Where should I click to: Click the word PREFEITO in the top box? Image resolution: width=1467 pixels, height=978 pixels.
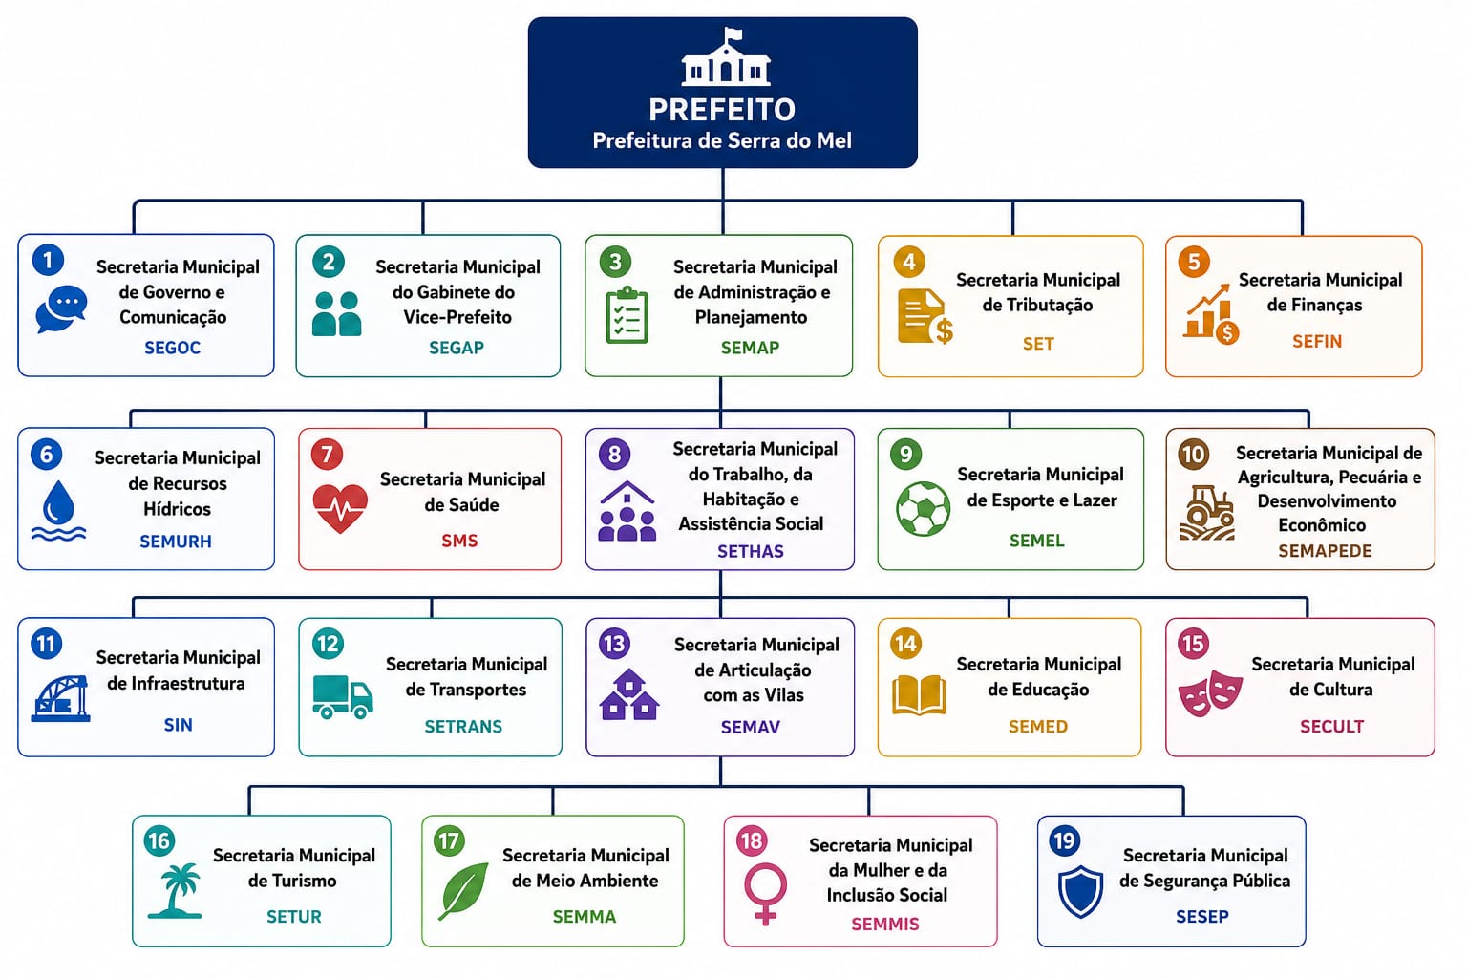pyautogui.click(x=722, y=110)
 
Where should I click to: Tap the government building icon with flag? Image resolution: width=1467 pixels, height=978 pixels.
pyautogui.click(x=726, y=57)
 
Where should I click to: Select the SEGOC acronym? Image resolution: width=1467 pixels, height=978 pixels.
pyautogui.click(x=172, y=348)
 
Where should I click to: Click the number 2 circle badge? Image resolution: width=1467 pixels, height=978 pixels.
pyautogui.click(x=329, y=262)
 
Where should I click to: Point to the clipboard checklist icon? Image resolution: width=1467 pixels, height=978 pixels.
pyautogui.click(x=627, y=315)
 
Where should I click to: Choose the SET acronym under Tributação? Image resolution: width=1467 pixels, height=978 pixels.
pyautogui.click(x=1038, y=343)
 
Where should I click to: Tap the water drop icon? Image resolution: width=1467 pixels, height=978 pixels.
pyautogui.click(x=58, y=511)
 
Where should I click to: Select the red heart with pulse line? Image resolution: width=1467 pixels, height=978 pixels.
pyautogui.click(x=340, y=508)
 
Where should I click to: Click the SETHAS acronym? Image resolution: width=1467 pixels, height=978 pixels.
pyautogui.click(x=751, y=552)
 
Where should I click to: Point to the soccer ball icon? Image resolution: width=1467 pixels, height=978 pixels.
pyautogui.click(x=923, y=509)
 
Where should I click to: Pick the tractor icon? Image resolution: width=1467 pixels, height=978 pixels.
pyautogui.click(x=1207, y=513)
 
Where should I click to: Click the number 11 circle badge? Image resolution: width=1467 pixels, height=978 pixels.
pyautogui.click(x=47, y=644)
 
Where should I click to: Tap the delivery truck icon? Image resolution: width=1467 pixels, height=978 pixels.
pyautogui.click(x=343, y=697)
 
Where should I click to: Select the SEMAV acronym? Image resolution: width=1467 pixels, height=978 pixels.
pyautogui.click(x=751, y=727)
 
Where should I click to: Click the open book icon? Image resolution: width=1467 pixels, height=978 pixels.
pyautogui.click(x=919, y=694)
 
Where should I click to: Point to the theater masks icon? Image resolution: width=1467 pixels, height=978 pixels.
pyautogui.click(x=1210, y=693)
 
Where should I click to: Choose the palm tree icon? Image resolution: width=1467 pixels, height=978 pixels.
pyautogui.click(x=175, y=891)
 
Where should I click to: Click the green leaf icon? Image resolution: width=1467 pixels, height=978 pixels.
pyautogui.click(x=463, y=891)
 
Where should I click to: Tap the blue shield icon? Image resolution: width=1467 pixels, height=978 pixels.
pyautogui.click(x=1080, y=891)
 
